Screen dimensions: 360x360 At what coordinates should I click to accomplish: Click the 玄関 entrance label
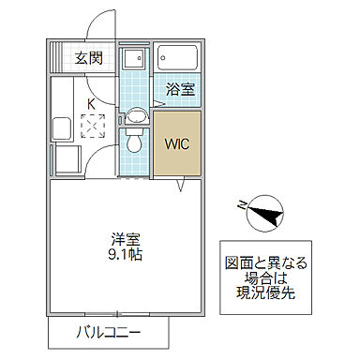[88, 57]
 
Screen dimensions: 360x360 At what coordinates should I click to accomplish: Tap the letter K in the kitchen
[92, 103]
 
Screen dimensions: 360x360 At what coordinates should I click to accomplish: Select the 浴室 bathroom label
[179, 91]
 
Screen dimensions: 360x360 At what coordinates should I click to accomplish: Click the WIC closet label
[179, 145]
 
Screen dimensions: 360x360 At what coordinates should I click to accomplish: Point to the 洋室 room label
[124, 238]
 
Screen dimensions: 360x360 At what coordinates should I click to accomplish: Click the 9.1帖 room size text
[125, 253]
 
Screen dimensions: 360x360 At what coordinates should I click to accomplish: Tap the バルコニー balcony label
[108, 331]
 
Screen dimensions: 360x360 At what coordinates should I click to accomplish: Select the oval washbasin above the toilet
[137, 116]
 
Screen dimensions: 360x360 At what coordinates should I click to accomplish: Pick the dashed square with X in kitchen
[94, 125]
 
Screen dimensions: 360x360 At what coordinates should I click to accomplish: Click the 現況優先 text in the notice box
[264, 292]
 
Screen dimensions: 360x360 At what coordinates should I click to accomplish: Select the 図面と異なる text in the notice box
[264, 263]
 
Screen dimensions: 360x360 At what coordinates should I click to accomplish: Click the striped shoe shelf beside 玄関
[59, 58]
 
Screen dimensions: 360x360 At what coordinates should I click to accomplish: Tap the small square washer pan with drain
[134, 59]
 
